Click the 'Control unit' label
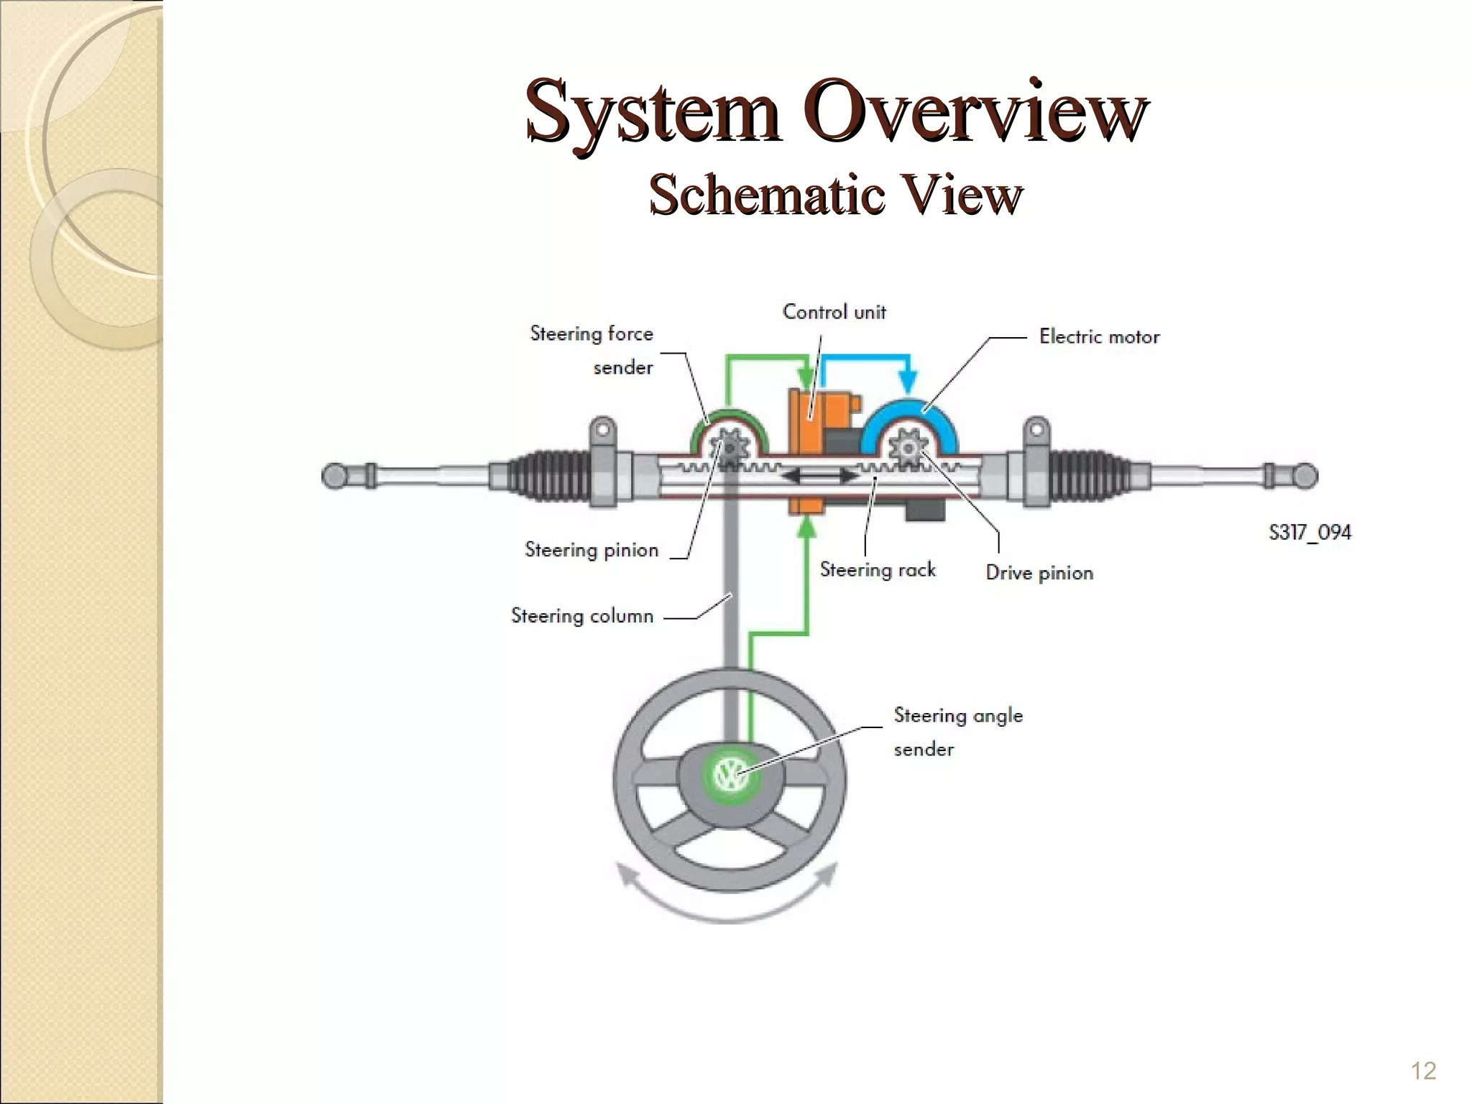click(834, 312)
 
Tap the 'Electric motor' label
click(1099, 336)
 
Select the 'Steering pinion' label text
click(591, 550)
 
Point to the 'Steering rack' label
click(878, 570)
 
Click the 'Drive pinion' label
click(1039, 573)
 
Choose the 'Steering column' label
click(581, 616)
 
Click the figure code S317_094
click(1310, 533)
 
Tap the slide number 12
click(1423, 1071)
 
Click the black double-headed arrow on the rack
click(819, 476)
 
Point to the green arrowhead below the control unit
click(808, 528)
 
